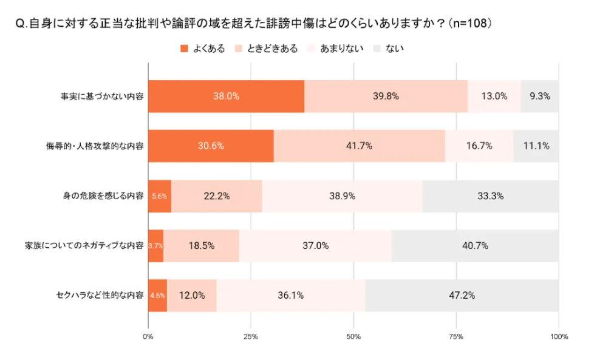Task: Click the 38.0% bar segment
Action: coord(226,96)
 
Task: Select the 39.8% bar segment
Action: coord(386,96)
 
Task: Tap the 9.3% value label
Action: coord(540,96)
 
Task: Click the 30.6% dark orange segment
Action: coord(211,146)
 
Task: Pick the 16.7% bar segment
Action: coord(479,146)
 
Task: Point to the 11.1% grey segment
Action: coord(536,146)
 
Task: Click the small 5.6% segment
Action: coord(160,196)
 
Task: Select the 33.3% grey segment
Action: coord(491,196)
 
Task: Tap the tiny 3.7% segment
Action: coord(155,246)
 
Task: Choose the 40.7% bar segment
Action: coord(475,246)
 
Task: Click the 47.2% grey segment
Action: coord(462,296)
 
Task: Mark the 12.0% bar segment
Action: coord(192,296)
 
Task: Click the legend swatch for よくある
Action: coord(185,49)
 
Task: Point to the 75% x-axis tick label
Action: coord(456,336)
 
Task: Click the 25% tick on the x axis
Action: coord(251,336)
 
